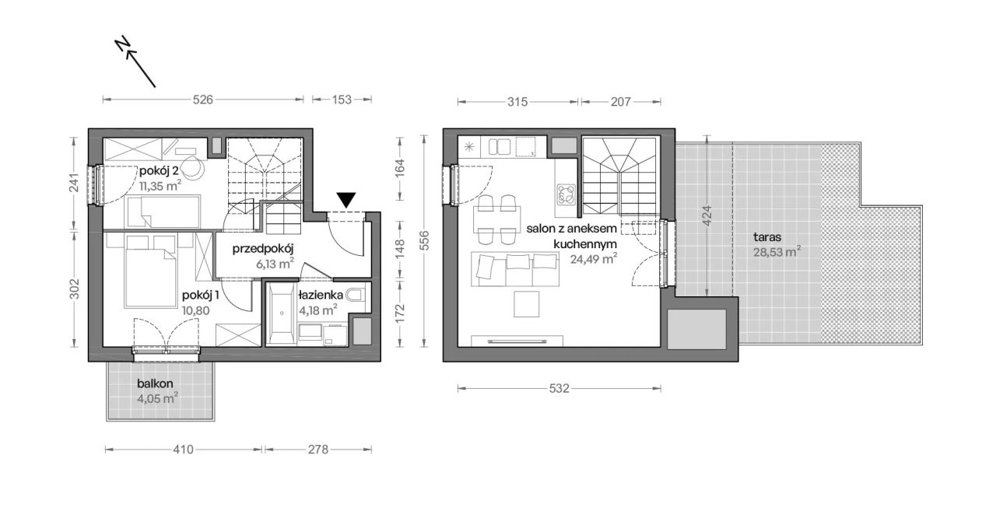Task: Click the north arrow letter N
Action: pyautogui.click(x=122, y=44)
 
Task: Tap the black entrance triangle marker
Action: pyautogui.click(x=346, y=200)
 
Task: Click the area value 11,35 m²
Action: pyautogui.click(x=160, y=185)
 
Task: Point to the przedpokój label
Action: pyautogui.click(x=263, y=249)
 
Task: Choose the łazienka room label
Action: pyautogui.click(x=321, y=295)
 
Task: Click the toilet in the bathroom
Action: pyautogui.click(x=356, y=296)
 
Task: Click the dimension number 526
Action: pyautogui.click(x=203, y=100)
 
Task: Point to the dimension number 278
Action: pyautogui.click(x=318, y=450)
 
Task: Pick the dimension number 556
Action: pyautogui.click(x=425, y=240)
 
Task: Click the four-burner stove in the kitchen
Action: pyautogui.click(x=566, y=194)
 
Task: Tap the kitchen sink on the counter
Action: pyautogui.click(x=500, y=147)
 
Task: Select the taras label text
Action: pyautogui.click(x=767, y=237)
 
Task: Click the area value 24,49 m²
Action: pyautogui.click(x=594, y=259)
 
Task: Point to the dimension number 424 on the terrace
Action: pyautogui.click(x=707, y=215)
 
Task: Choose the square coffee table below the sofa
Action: pyautogui.click(x=527, y=304)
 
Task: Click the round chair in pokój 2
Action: pyautogui.click(x=194, y=168)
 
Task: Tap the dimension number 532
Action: pyautogui.click(x=559, y=389)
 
